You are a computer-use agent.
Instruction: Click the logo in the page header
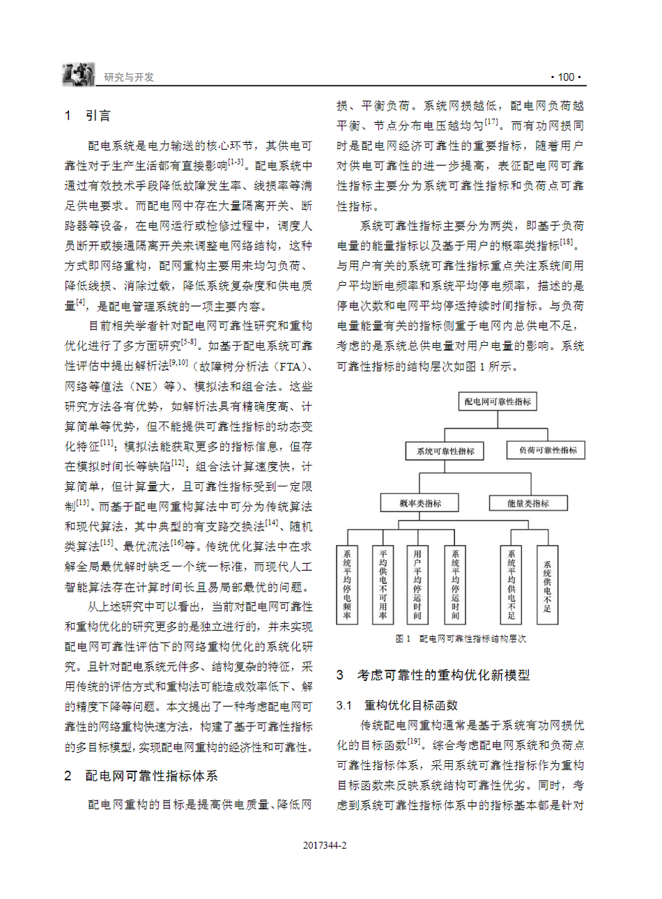coord(78,75)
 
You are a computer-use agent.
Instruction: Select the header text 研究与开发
coord(129,77)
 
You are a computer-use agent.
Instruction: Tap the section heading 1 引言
coord(88,116)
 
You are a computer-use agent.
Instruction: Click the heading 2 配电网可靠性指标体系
coord(141,776)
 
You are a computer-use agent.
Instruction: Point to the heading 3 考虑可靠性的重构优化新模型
coord(433,675)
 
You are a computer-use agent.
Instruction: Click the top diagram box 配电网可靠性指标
coord(498,401)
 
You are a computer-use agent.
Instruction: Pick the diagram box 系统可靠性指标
coord(445,451)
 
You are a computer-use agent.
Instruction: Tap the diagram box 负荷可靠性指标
coord(547,450)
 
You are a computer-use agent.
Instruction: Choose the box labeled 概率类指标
coord(419,503)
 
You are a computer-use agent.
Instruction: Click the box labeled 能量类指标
coord(528,503)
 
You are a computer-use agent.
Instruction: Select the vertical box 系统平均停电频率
coord(346,585)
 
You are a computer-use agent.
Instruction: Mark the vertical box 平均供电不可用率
coord(383,585)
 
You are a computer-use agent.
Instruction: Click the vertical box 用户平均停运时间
coord(417,585)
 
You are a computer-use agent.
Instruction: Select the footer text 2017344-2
coord(325,845)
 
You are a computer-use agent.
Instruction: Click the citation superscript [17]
coord(492,122)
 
